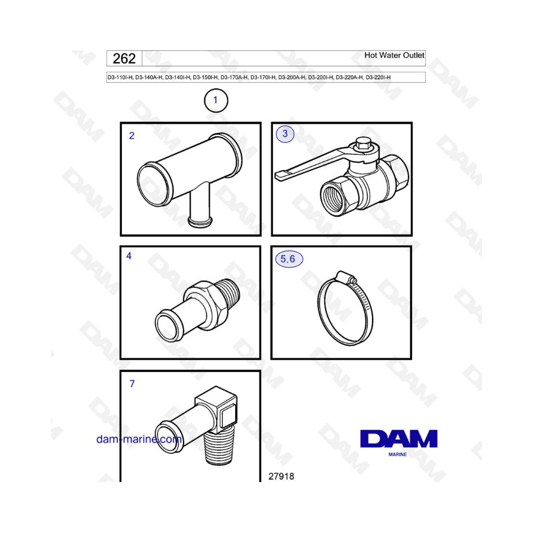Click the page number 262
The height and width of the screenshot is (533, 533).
(x=124, y=59)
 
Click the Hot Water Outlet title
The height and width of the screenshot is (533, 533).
(x=394, y=55)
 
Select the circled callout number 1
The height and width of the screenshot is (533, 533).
(x=216, y=100)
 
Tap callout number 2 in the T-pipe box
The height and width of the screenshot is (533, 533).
(x=132, y=136)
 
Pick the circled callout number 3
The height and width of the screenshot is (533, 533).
(x=285, y=134)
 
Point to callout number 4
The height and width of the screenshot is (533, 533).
(x=129, y=256)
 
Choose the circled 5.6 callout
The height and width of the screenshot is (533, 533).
(x=288, y=259)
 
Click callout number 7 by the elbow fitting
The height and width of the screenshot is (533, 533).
(x=132, y=383)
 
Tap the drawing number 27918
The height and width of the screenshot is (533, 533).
(x=281, y=476)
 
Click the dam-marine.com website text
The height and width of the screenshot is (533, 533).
(x=139, y=439)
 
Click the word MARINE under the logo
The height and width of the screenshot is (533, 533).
(x=398, y=454)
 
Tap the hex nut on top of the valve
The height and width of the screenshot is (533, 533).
(x=362, y=144)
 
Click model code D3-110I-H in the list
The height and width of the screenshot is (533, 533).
(x=120, y=78)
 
